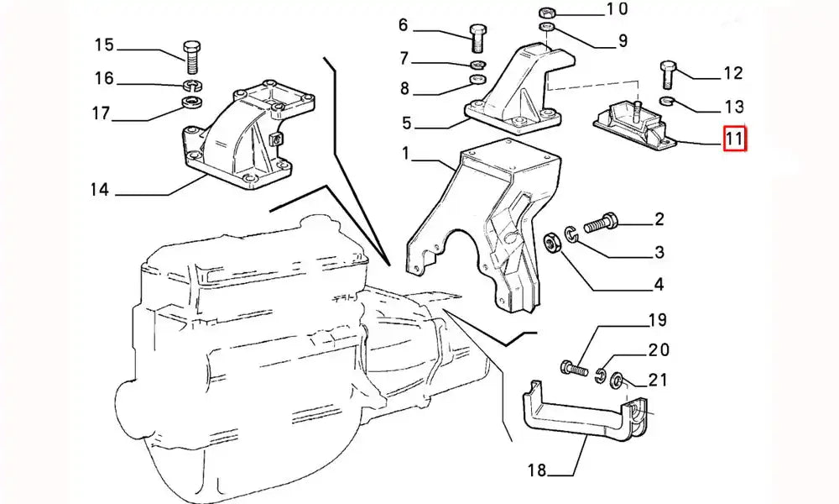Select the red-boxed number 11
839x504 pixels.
coord(735,138)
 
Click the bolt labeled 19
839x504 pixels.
coord(572,368)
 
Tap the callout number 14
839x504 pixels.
coord(100,190)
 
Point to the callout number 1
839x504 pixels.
coord(404,155)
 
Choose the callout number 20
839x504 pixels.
coord(659,350)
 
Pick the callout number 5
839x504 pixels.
coord(406,123)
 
